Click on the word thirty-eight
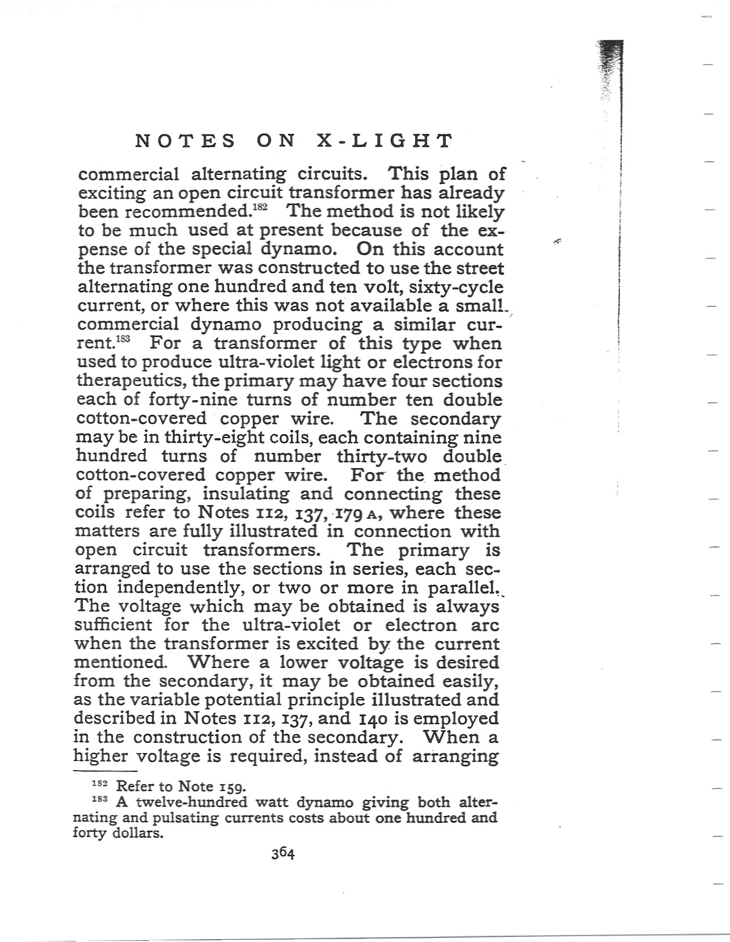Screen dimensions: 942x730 (x=209, y=438)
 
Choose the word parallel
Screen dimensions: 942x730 (x=463, y=588)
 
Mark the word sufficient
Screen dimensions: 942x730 (x=113, y=625)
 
